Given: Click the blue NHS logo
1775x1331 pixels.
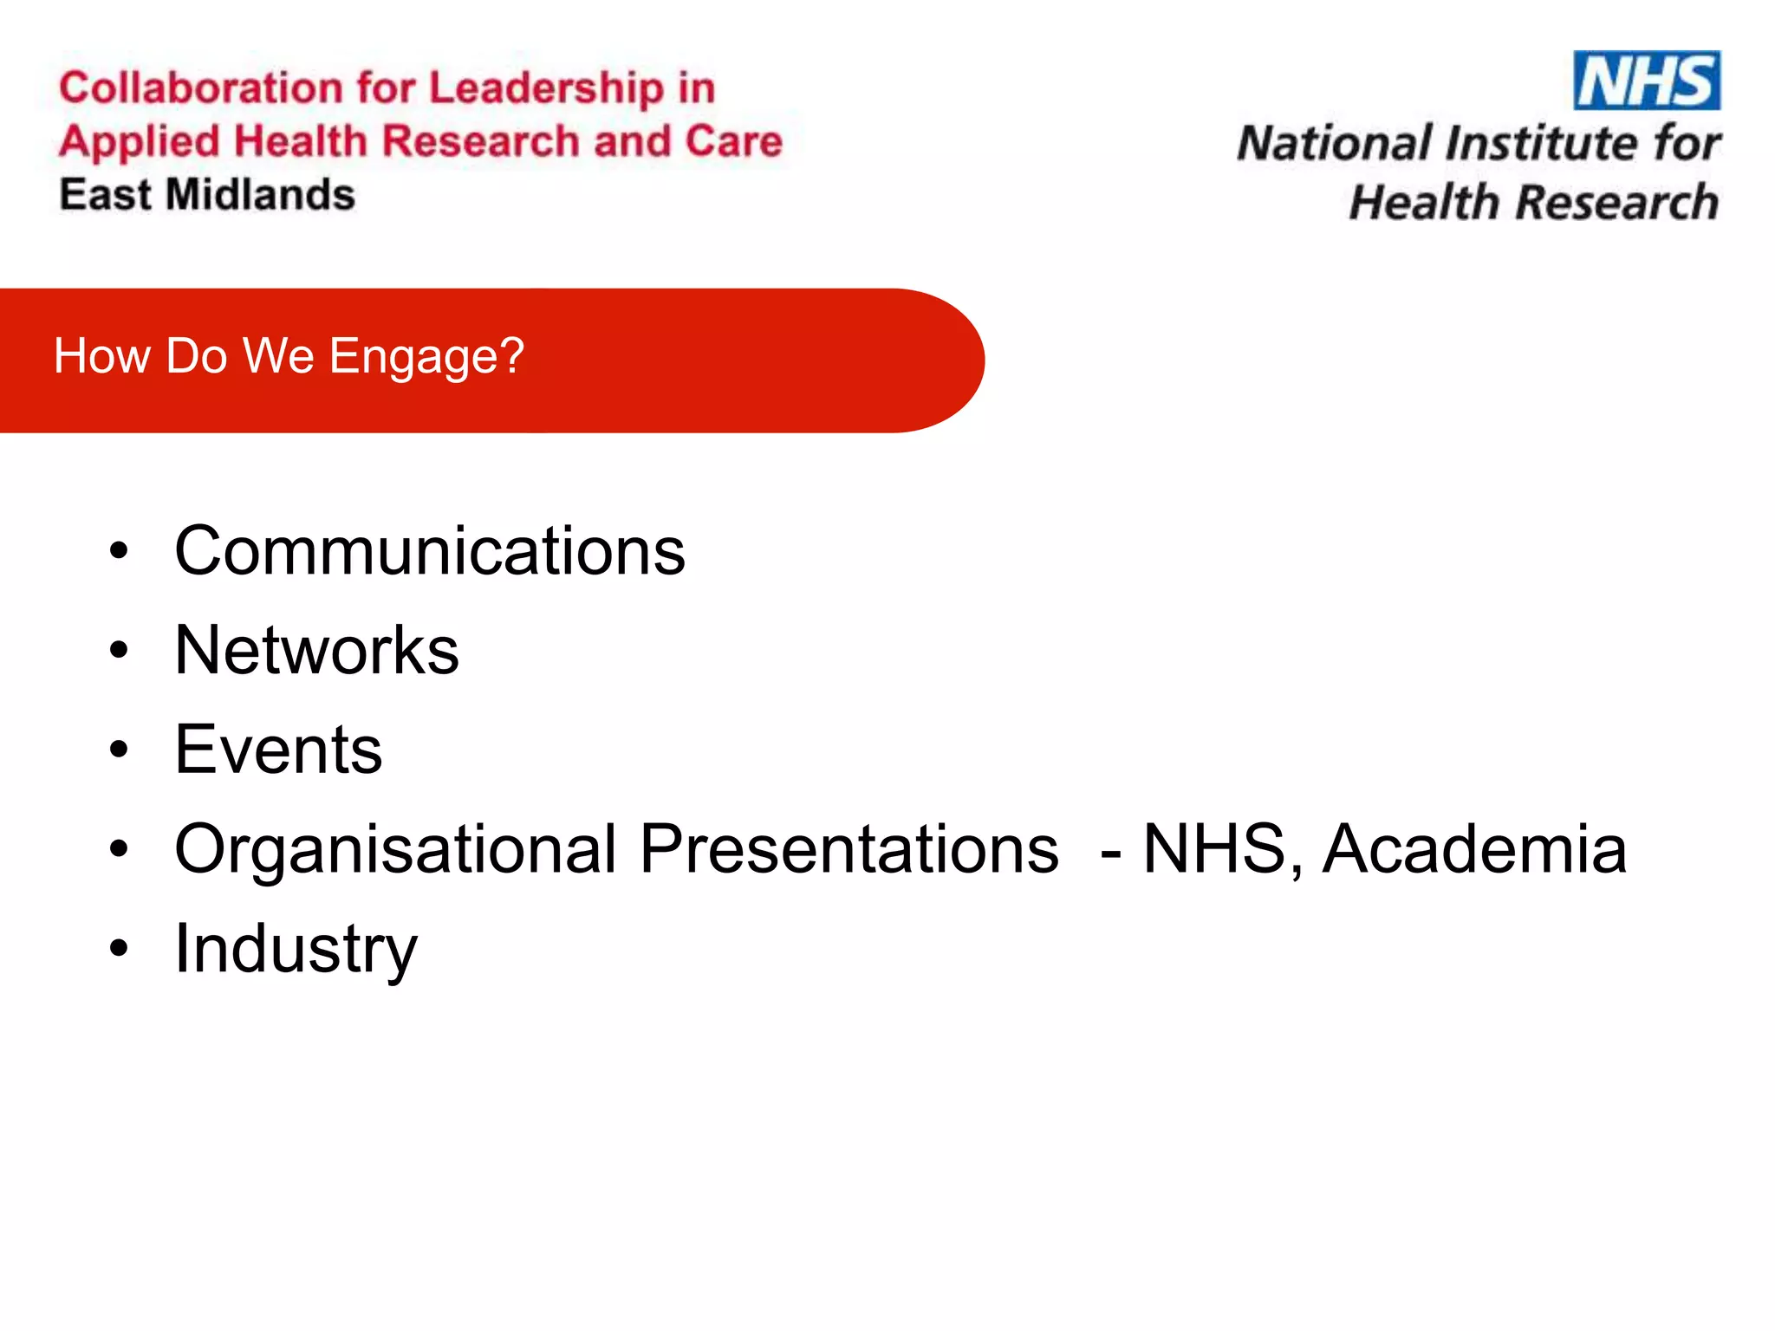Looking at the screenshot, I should tap(1646, 81).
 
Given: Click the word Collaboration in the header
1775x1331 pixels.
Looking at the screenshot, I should tap(200, 88).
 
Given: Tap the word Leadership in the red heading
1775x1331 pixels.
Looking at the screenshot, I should tap(546, 88).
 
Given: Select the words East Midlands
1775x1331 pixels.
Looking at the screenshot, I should tap(207, 194).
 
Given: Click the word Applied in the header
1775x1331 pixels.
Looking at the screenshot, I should tap(140, 142).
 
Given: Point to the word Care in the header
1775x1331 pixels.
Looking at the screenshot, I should tap(733, 140).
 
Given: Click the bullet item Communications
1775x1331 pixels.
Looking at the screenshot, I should tap(429, 551).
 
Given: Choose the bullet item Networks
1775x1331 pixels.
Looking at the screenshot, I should tap(316, 650).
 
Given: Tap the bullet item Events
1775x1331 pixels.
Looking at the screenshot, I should tap(278, 750).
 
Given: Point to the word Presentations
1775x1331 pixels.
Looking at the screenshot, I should tap(849, 849).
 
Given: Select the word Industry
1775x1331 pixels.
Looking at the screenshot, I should tap(296, 950).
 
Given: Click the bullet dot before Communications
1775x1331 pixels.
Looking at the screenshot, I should tap(119, 551).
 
